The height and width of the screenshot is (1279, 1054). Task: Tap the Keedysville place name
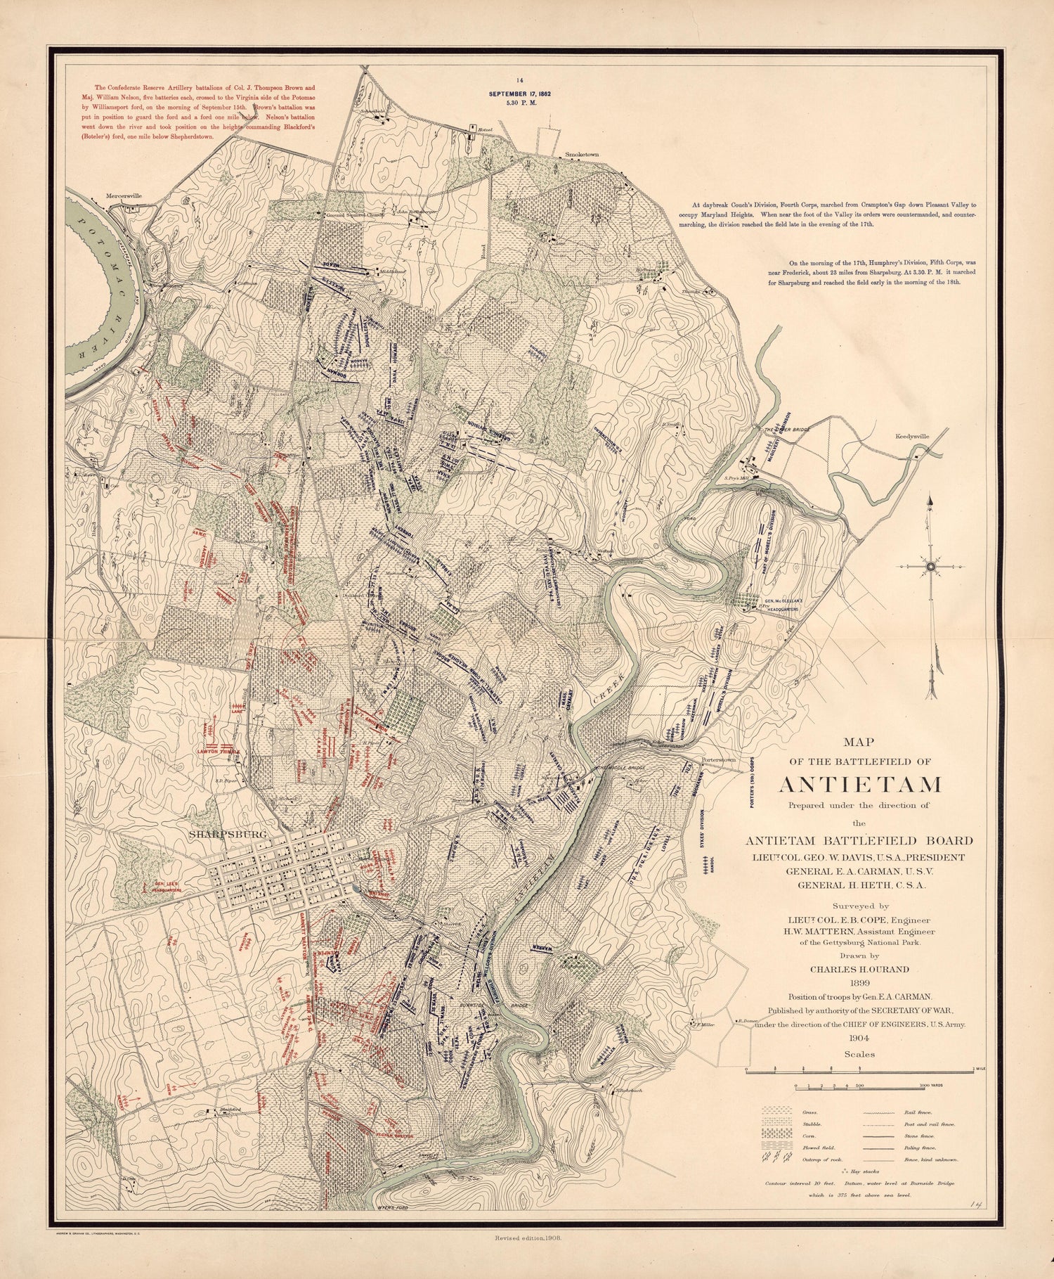click(x=912, y=436)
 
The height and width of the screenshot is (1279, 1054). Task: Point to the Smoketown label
click(x=581, y=153)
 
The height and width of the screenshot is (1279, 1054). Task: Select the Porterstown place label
click(x=715, y=760)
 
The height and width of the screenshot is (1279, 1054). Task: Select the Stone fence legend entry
click(x=944, y=1134)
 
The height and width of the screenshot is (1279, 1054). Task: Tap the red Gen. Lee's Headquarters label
click(x=163, y=886)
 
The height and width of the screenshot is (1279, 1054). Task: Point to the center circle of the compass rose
click(x=930, y=566)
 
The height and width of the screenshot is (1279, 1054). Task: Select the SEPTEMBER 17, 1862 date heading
click(x=521, y=93)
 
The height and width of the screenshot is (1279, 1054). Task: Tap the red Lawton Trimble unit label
click(x=219, y=751)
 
